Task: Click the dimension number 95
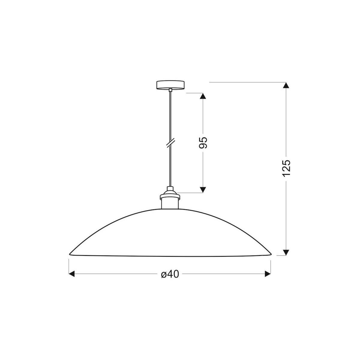click(x=203, y=143)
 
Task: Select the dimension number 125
click(x=286, y=168)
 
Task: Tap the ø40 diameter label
click(x=170, y=274)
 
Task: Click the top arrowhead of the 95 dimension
click(x=203, y=96)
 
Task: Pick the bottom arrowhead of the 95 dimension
click(x=203, y=190)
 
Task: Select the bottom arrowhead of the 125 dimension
click(x=286, y=252)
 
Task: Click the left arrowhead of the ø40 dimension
click(x=72, y=274)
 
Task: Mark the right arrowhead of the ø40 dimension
click(x=268, y=274)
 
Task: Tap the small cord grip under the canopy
click(x=170, y=90)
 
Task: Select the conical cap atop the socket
click(x=170, y=190)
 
